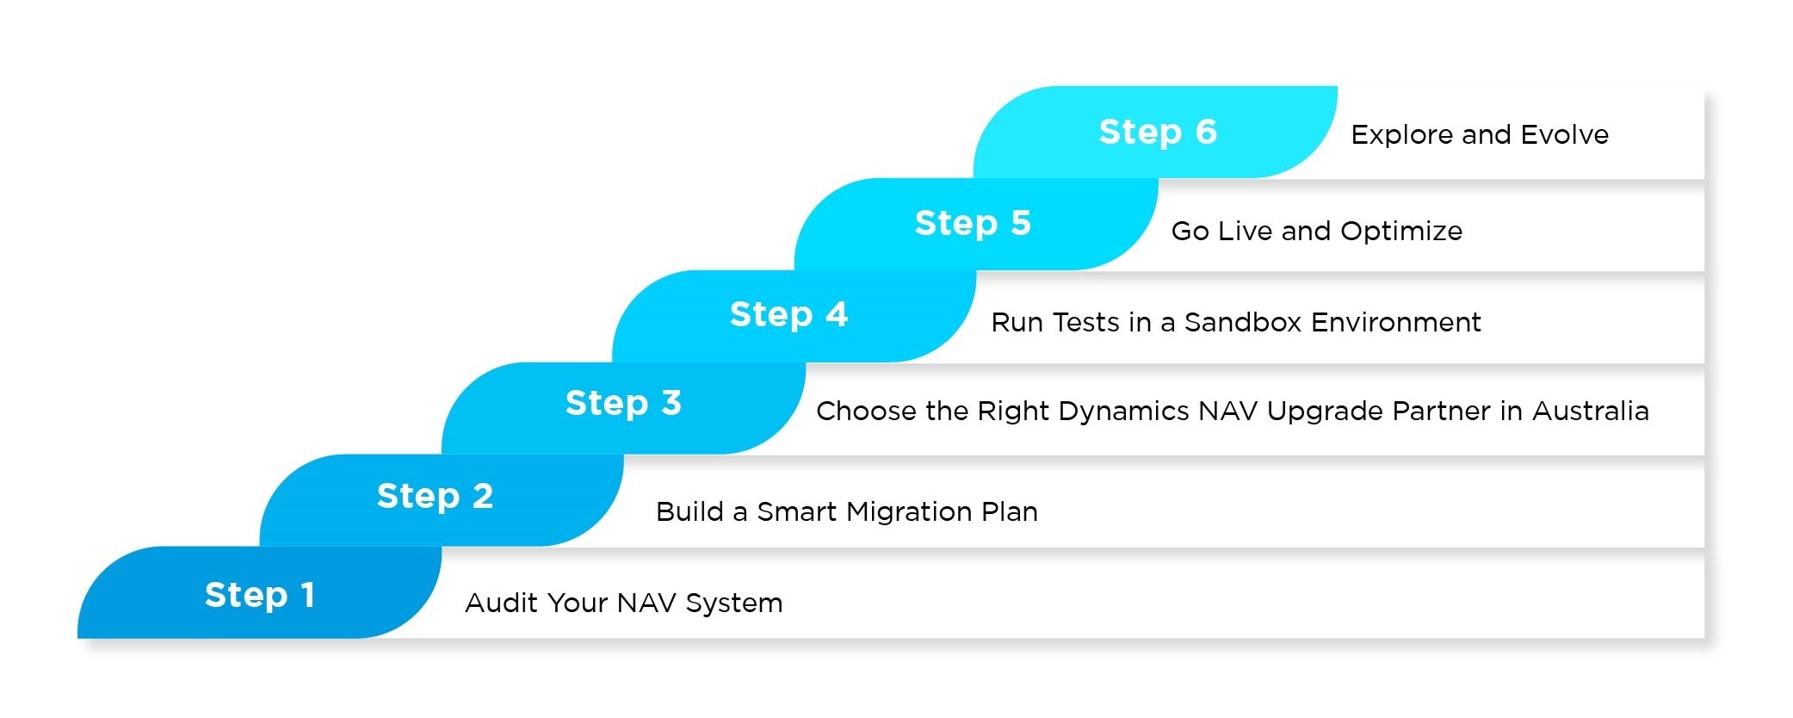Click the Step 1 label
[259, 595]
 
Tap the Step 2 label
[435, 496]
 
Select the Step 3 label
[623, 403]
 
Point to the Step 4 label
[788, 314]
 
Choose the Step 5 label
[973, 223]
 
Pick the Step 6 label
[1158, 132]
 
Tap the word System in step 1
[734, 603]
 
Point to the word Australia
[1591, 411]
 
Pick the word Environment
[1395, 322]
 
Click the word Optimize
[1401, 232]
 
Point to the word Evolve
[1564, 134]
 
